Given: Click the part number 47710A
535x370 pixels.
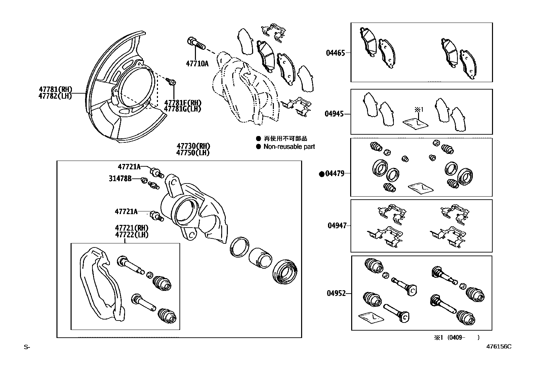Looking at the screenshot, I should pyautogui.click(x=197, y=63).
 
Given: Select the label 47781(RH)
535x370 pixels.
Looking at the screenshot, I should pyautogui.click(x=55, y=90).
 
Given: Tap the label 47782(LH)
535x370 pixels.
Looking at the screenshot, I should pyautogui.click(x=55, y=96).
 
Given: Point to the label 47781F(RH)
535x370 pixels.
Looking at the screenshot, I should pyautogui.click(x=182, y=103).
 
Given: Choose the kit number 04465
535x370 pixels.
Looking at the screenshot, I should pyautogui.click(x=335, y=53).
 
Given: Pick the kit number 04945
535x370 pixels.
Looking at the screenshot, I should pyautogui.click(x=334, y=114).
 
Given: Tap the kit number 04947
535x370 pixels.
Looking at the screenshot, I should pyautogui.click(x=337, y=226).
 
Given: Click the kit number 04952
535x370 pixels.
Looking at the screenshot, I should pyautogui.click(x=336, y=293).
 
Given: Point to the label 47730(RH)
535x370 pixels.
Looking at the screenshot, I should pyautogui.click(x=193, y=146).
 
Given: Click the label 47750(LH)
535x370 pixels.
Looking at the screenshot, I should pyautogui.click(x=193, y=153).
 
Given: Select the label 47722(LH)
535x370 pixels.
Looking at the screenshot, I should pyautogui.click(x=132, y=235).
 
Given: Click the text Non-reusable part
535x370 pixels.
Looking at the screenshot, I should pyautogui.click(x=289, y=146).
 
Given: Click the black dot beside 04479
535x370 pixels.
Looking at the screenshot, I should pyautogui.click(x=321, y=174).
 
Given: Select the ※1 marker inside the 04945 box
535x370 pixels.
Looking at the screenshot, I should pyautogui.click(x=418, y=109).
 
